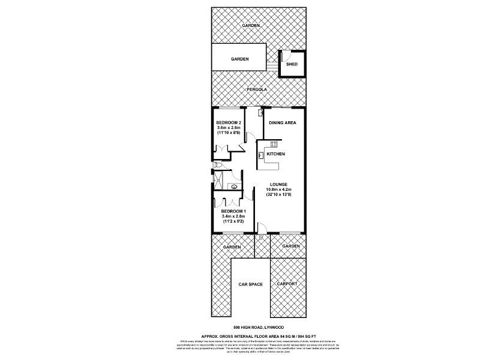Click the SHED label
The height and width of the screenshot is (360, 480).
coord(292,64)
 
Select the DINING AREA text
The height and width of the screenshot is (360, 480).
coord(283,122)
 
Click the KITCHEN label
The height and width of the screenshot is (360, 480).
coord(276,154)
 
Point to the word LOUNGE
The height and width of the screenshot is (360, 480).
coord(278,184)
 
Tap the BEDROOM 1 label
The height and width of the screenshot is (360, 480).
coord(233,211)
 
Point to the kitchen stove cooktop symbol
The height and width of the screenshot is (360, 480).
coord(274,143)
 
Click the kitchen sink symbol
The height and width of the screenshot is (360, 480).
coord(262,155)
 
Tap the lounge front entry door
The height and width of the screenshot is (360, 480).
coord(262,228)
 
